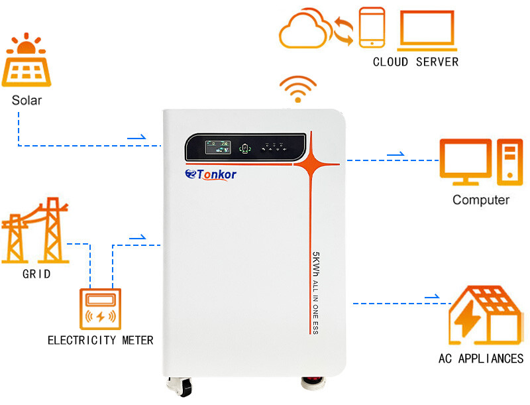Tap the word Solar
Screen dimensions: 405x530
click(x=26, y=101)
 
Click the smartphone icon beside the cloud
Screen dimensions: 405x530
click(x=371, y=28)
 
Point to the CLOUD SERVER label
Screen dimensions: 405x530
click(x=415, y=62)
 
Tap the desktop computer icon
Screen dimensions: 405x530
click(x=479, y=163)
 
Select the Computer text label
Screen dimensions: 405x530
click(x=480, y=200)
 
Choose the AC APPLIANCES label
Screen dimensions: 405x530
click(x=480, y=359)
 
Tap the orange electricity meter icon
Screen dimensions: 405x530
click(x=101, y=309)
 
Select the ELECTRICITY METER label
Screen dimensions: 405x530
click(x=100, y=341)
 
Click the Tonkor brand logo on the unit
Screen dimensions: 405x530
click(x=211, y=174)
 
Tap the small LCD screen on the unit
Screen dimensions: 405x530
click(x=217, y=146)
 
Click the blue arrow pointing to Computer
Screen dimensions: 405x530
click(x=395, y=154)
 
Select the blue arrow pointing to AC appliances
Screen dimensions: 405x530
click(x=431, y=297)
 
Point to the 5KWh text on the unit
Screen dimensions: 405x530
click(x=316, y=265)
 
